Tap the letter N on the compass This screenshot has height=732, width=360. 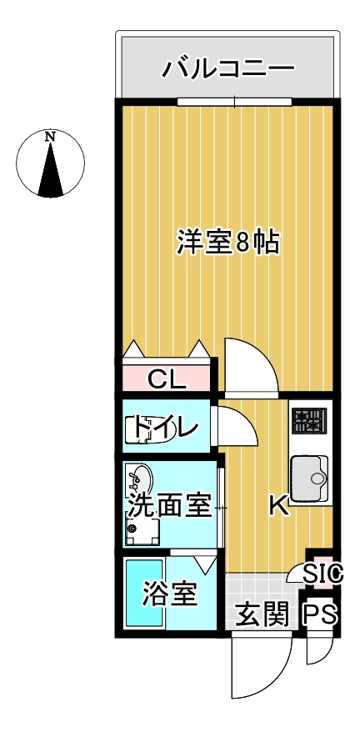(51, 136)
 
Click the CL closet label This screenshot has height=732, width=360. (166, 380)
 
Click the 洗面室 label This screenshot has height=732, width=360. (168, 505)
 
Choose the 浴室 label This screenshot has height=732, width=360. (169, 595)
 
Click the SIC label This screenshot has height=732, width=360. (323, 574)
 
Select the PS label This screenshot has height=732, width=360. (321, 615)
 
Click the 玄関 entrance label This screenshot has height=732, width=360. (262, 615)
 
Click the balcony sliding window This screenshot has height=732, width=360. (234, 103)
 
